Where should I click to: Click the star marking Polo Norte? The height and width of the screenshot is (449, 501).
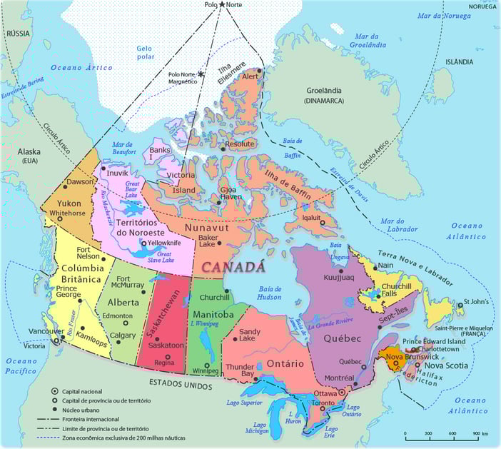(x=222, y=5)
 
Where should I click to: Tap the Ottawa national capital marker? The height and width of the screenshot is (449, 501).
(x=341, y=393)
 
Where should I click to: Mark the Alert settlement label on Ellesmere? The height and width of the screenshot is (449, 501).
(x=250, y=76)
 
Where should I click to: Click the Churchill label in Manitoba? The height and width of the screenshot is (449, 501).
(x=215, y=297)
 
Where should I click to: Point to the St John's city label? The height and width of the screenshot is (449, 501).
(x=476, y=301)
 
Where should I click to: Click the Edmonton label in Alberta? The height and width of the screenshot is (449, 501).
(x=118, y=316)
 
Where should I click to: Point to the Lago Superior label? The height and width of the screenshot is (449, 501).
(x=245, y=403)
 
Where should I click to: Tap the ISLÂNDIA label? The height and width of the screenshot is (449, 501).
(x=459, y=62)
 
